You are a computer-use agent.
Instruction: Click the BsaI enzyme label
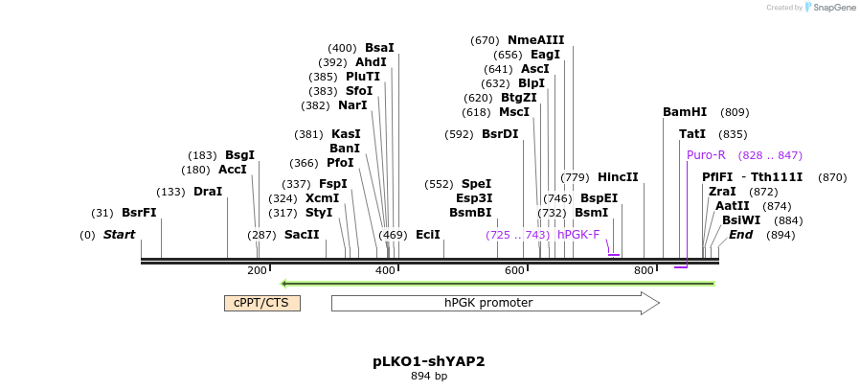point(379,48)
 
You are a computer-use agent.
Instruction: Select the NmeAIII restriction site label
point(535,40)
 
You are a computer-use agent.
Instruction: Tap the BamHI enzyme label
point(685,112)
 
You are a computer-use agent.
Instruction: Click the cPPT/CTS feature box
point(262,303)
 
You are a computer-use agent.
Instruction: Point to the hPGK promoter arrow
point(494,303)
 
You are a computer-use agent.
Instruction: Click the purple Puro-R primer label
point(706,155)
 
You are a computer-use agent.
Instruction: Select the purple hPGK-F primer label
point(578,234)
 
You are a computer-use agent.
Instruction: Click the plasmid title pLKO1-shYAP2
point(429,362)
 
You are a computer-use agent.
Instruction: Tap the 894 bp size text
point(429,377)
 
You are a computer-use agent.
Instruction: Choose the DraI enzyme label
point(208,192)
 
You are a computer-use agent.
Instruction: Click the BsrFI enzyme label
point(139,213)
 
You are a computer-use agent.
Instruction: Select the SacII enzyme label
point(302,235)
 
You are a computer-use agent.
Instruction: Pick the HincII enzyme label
point(618,177)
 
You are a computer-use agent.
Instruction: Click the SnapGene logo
point(829,8)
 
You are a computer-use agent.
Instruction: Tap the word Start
point(119,235)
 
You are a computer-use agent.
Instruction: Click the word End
point(740,235)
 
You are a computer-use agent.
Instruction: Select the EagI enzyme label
point(545,55)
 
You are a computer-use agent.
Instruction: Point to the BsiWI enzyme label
point(741,220)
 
